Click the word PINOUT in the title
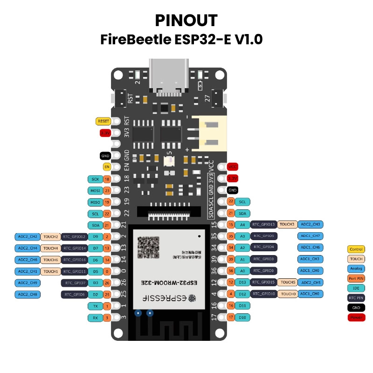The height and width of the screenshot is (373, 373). [186, 20]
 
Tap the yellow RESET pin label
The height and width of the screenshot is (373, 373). [103, 121]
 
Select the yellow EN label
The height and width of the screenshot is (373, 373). [107, 166]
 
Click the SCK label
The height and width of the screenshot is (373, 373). [95, 179]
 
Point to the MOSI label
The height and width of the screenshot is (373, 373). [95, 190]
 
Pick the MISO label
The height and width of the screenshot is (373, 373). [95, 202]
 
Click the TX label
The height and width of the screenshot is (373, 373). [95, 306]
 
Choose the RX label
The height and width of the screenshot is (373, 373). [95, 318]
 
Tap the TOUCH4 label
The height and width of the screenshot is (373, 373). [51, 248]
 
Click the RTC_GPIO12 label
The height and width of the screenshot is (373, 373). [75, 237]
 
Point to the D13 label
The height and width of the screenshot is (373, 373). [242, 282]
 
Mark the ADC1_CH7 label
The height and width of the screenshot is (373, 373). [310, 236]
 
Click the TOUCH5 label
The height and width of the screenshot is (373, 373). [288, 282]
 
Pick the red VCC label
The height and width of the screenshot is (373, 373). [232, 166]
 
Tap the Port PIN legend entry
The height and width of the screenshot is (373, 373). [356, 279]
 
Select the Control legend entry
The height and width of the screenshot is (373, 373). [356, 249]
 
